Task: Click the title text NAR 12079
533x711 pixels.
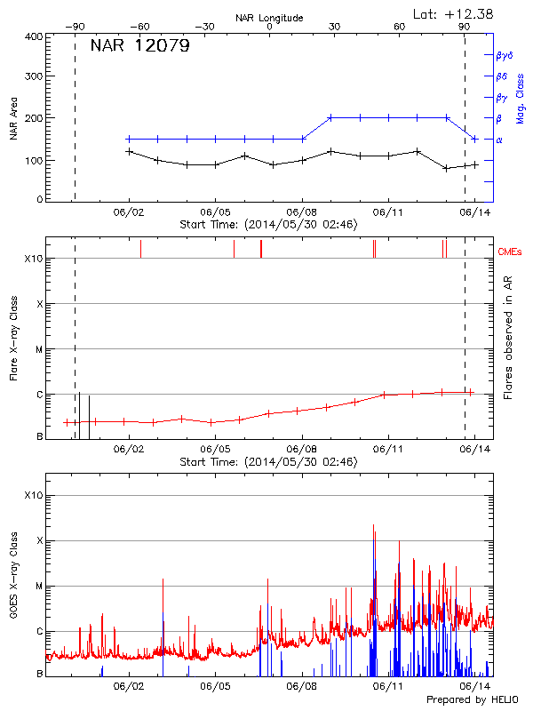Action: [x=139, y=46]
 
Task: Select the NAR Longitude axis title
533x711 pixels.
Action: [x=269, y=18]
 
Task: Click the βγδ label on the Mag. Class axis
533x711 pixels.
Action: [x=503, y=55]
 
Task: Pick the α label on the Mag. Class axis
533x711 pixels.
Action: [x=498, y=140]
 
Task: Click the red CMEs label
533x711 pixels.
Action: [x=510, y=252]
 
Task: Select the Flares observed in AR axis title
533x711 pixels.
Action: [x=507, y=340]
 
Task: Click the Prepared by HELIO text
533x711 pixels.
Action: [x=472, y=699]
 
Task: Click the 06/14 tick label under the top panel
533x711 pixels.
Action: [x=474, y=213]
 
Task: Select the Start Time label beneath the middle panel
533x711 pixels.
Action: [x=268, y=462]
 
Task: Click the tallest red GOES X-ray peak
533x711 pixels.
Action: [x=373, y=526]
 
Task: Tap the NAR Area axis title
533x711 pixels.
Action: [x=13, y=119]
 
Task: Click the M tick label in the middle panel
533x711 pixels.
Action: [x=39, y=349]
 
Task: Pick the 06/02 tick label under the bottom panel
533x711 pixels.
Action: [x=129, y=687]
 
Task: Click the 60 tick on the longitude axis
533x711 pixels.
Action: [x=400, y=28]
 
